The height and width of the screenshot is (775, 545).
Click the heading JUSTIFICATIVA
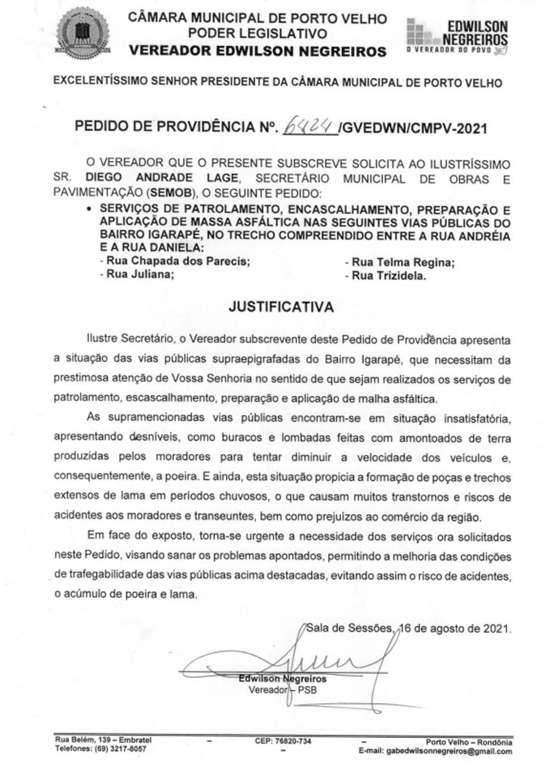point(280,307)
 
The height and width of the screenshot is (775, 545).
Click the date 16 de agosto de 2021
point(455,629)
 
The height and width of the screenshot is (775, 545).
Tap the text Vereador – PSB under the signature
point(282,690)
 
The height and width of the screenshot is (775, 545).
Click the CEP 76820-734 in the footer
point(283,741)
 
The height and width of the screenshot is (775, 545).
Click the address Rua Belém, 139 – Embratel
point(103,740)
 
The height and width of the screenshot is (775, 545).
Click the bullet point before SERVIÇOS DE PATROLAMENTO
point(89,210)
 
